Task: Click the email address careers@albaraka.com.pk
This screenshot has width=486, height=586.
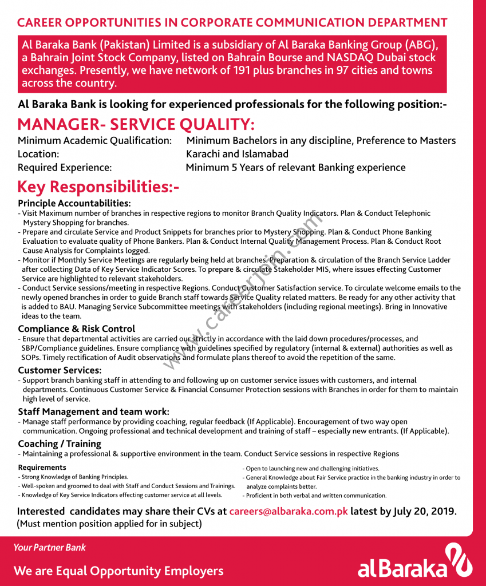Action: [289, 512]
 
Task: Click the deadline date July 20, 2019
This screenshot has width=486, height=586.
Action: [425, 512]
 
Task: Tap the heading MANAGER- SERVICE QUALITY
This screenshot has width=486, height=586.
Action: [136, 124]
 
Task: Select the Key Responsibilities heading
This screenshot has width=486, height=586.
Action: [98, 187]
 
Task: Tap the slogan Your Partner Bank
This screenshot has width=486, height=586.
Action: [49, 548]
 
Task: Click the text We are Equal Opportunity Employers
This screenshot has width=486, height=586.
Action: [118, 571]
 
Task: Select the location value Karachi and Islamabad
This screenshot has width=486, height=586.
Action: [238, 154]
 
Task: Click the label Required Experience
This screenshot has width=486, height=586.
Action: [65, 168]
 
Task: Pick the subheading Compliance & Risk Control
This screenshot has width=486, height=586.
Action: [77, 328]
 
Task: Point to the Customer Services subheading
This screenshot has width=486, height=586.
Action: [60, 370]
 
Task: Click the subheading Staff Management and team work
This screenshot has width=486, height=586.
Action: [93, 411]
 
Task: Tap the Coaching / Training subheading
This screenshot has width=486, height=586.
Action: [60, 444]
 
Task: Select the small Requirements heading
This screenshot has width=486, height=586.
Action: [42, 468]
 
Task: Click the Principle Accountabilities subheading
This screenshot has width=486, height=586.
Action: [74, 203]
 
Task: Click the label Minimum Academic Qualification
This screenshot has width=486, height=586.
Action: [94, 140]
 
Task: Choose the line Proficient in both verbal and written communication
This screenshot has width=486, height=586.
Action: [316, 496]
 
